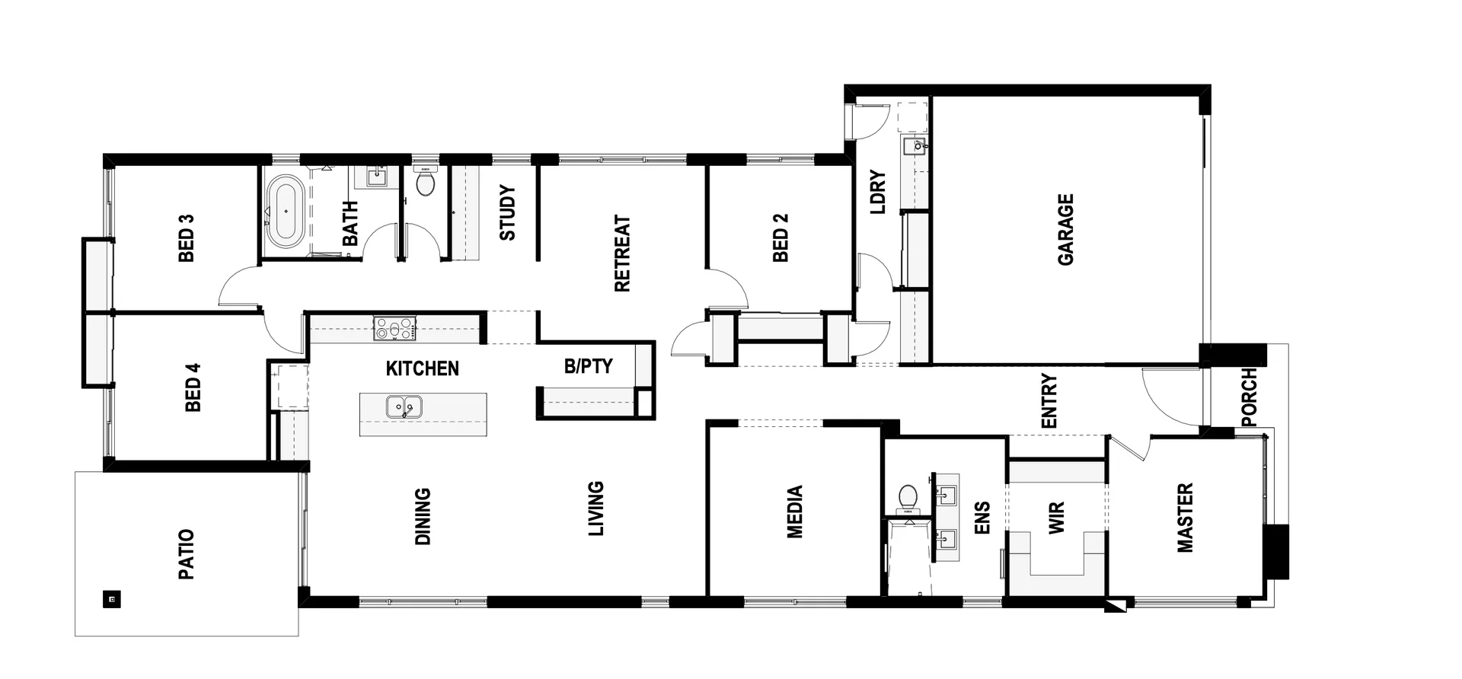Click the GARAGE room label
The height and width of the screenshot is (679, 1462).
(x=1065, y=229)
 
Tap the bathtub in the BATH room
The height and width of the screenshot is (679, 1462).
(x=286, y=211)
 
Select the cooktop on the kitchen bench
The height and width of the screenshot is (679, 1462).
(x=394, y=329)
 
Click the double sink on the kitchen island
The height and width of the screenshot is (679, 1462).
(x=404, y=407)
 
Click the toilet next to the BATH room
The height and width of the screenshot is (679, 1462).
(x=425, y=183)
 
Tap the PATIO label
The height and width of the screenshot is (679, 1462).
(x=187, y=554)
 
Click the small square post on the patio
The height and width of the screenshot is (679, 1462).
(x=112, y=599)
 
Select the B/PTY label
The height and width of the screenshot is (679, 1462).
(x=588, y=366)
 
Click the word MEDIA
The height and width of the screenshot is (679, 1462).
(x=794, y=512)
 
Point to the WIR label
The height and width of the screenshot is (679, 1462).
(x=1056, y=518)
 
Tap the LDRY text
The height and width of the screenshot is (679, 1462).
(x=877, y=192)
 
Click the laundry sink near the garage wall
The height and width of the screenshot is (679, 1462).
(x=913, y=145)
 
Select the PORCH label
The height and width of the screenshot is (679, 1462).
(x=1249, y=397)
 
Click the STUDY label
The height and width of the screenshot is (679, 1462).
(x=507, y=212)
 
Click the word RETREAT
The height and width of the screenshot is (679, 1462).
(x=622, y=253)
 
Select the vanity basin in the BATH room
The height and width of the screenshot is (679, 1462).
(x=377, y=177)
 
